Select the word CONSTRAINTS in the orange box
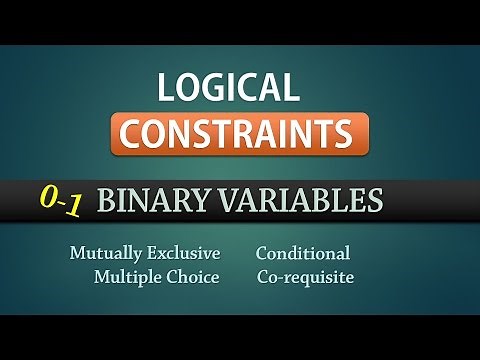241,133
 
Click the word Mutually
105,254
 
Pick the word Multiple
127,277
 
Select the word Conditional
302,254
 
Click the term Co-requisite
304,277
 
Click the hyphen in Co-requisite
282,278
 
